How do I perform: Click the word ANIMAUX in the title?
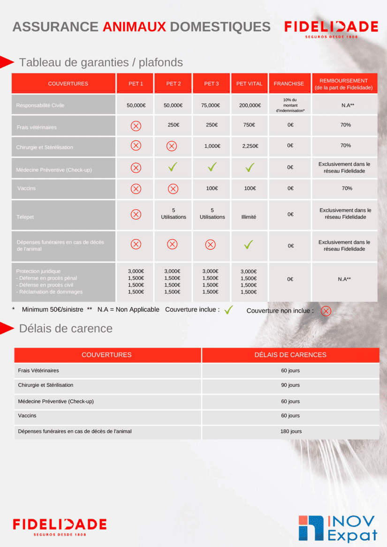point(134,27)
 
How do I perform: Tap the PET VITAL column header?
point(249,84)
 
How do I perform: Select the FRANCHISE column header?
point(289,84)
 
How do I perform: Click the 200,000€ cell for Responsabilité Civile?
point(250,105)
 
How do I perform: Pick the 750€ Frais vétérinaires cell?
point(250,125)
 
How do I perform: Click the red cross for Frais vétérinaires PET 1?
point(136,126)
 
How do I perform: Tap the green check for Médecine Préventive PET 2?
point(173,167)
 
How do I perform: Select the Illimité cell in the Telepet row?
point(249,217)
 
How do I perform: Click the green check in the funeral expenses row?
point(249,244)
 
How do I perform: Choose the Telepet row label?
point(26,217)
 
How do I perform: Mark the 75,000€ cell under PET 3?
point(211,105)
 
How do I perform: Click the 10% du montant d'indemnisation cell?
point(290,105)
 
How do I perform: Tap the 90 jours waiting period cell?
point(290,385)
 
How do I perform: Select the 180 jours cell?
point(291,431)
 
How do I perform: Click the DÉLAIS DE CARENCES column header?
point(290,355)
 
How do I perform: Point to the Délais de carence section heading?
point(66,329)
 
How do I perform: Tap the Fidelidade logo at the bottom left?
point(60,526)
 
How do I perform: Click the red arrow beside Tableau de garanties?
point(7,62)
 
